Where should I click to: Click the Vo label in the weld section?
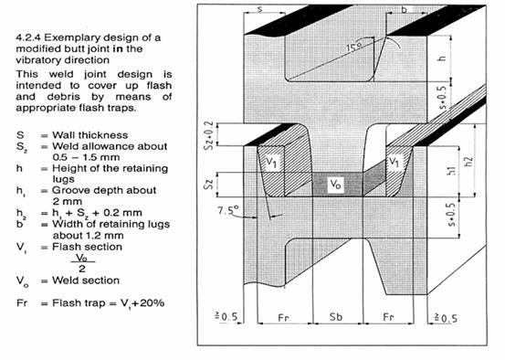pos(335,185)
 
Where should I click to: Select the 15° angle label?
pos(353,48)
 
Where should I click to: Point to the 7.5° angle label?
pos(228,210)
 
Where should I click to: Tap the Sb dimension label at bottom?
pos(335,317)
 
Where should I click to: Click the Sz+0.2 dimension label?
pos(209,135)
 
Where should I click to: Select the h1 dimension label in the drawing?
pos(452,170)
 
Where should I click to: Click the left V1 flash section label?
pos(271,162)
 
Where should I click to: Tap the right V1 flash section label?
pos(393,161)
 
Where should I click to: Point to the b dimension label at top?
pos(404,10)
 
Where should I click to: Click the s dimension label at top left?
pos(260,9)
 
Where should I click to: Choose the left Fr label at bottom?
pos(283,318)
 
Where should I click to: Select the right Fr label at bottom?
pos(388,317)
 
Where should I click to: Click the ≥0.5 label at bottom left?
pos(226,317)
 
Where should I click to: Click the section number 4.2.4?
pos(28,37)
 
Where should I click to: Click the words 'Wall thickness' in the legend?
pos(89,135)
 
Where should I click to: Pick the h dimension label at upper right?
pos(443,58)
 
